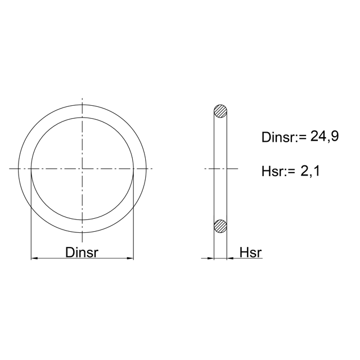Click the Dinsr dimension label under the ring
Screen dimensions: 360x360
tap(82, 253)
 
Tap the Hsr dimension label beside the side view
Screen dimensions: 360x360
tap(250, 253)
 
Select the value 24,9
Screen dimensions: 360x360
tap(325, 137)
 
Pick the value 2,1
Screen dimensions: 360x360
tap(310, 171)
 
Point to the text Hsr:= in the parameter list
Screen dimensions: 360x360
tap(278, 171)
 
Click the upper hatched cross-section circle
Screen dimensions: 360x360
tap(220, 111)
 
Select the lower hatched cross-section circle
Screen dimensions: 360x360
tap(220, 226)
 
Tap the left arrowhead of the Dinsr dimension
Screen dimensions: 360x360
tap(34, 259)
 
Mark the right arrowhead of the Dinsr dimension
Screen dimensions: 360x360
tap(130, 259)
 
